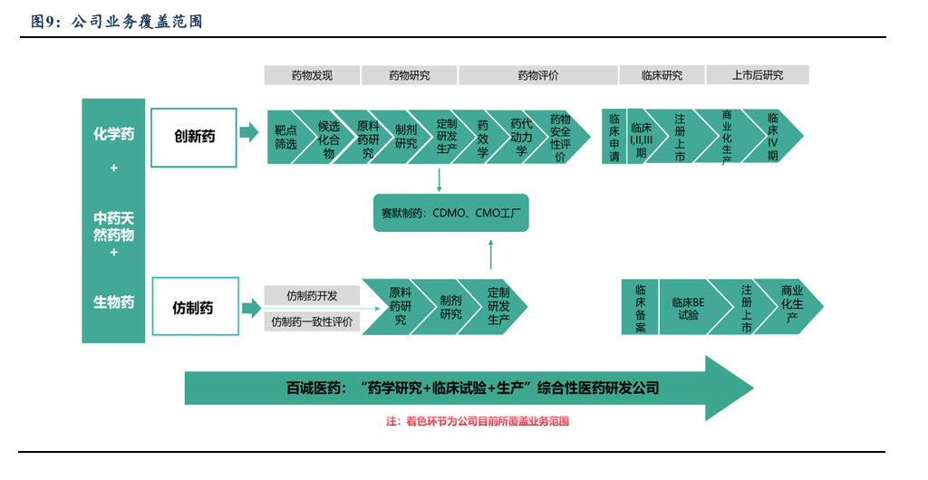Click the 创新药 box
(193, 138)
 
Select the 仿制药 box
(193, 307)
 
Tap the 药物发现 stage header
(312, 75)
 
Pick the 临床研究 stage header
(662, 75)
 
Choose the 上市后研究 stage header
(758, 75)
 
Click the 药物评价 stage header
(537, 75)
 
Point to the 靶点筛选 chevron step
(285, 138)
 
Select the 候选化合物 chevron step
(328, 138)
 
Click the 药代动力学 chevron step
(520, 138)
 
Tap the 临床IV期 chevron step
(773, 137)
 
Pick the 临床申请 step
(614, 137)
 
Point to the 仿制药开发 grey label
(312, 296)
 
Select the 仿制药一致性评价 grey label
(313, 322)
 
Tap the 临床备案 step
(640, 307)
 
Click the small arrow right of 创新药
(248, 134)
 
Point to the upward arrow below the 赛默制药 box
(490, 254)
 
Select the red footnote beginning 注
(477, 421)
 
